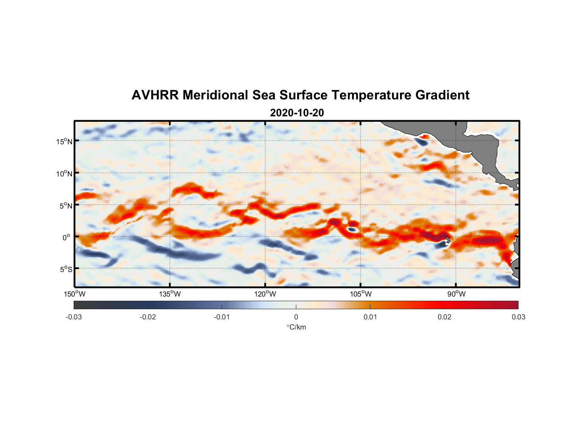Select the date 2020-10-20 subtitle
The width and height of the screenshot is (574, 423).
[x=297, y=113]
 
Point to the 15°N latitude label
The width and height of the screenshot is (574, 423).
[x=64, y=141]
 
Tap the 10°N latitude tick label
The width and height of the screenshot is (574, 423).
[x=64, y=173]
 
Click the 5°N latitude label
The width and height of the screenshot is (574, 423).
[x=66, y=206]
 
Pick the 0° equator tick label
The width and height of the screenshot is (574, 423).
[x=66, y=237]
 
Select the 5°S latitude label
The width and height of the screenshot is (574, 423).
[x=66, y=269]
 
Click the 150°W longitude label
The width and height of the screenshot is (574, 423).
[x=75, y=294]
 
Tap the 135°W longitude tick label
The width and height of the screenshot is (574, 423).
[x=170, y=294]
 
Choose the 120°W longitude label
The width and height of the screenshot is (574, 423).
[x=265, y=294]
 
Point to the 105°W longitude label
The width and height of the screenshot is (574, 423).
[x=360, y=294]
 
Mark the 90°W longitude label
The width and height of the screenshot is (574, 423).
[x=456, y=294]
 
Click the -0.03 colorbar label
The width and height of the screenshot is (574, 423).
[x=74, y=317]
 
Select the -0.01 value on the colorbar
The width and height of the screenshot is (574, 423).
[x=222, y=317]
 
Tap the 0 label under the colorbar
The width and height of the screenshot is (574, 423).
[x=296, y=317]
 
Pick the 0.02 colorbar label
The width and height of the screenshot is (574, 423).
[x=444, y=317]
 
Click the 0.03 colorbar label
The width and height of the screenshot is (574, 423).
[x=518, y=317]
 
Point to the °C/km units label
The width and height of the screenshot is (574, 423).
[x=296, y=327]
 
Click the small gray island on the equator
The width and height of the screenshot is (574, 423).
[x=447, y=240]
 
